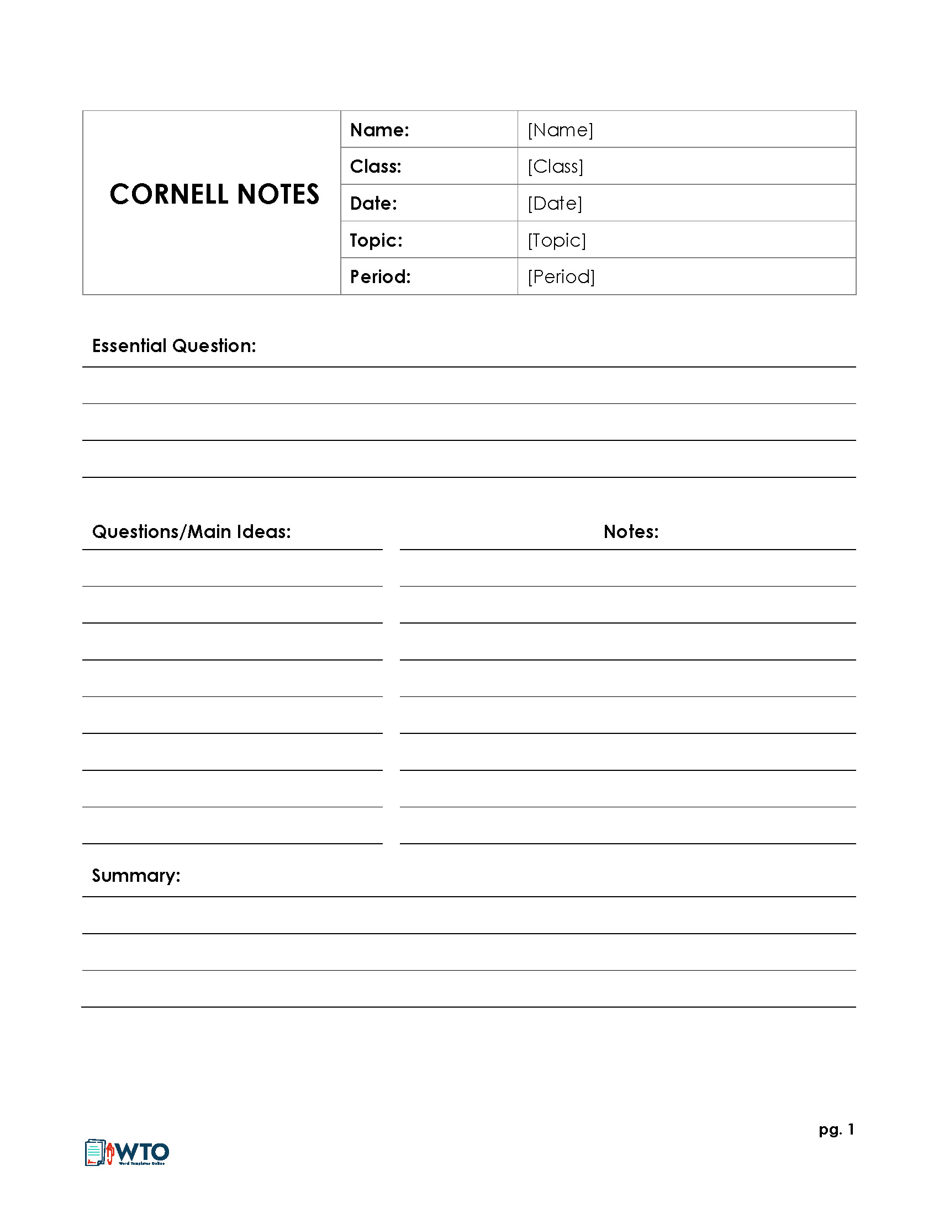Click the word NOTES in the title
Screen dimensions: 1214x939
click(x=278, y=195)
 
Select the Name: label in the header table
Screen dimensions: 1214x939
click(x=379, y=130)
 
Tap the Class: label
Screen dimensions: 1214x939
click(x=376, y=167)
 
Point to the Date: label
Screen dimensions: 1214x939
click(x=373, y=204)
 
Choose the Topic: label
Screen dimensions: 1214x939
click(x=376, y=240)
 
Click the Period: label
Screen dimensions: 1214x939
click(x=380, y=277)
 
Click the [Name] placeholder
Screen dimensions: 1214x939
click(x=560, y=130)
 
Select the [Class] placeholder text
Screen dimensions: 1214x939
click(x=555, y=167)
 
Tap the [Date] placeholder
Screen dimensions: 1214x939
click(x=555, y=204)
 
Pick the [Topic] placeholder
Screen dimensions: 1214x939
click(x=557, y=240)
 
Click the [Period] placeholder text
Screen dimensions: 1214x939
click(x=561, y=277)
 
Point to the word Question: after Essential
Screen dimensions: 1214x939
click(x=214, y=347)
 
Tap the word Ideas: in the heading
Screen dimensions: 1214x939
click(x=263, y=532)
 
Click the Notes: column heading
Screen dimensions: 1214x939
click(x=631, y=532)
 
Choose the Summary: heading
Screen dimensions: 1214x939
click(x=136, y=876)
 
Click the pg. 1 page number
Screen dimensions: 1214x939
click(x=836, y=1130)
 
